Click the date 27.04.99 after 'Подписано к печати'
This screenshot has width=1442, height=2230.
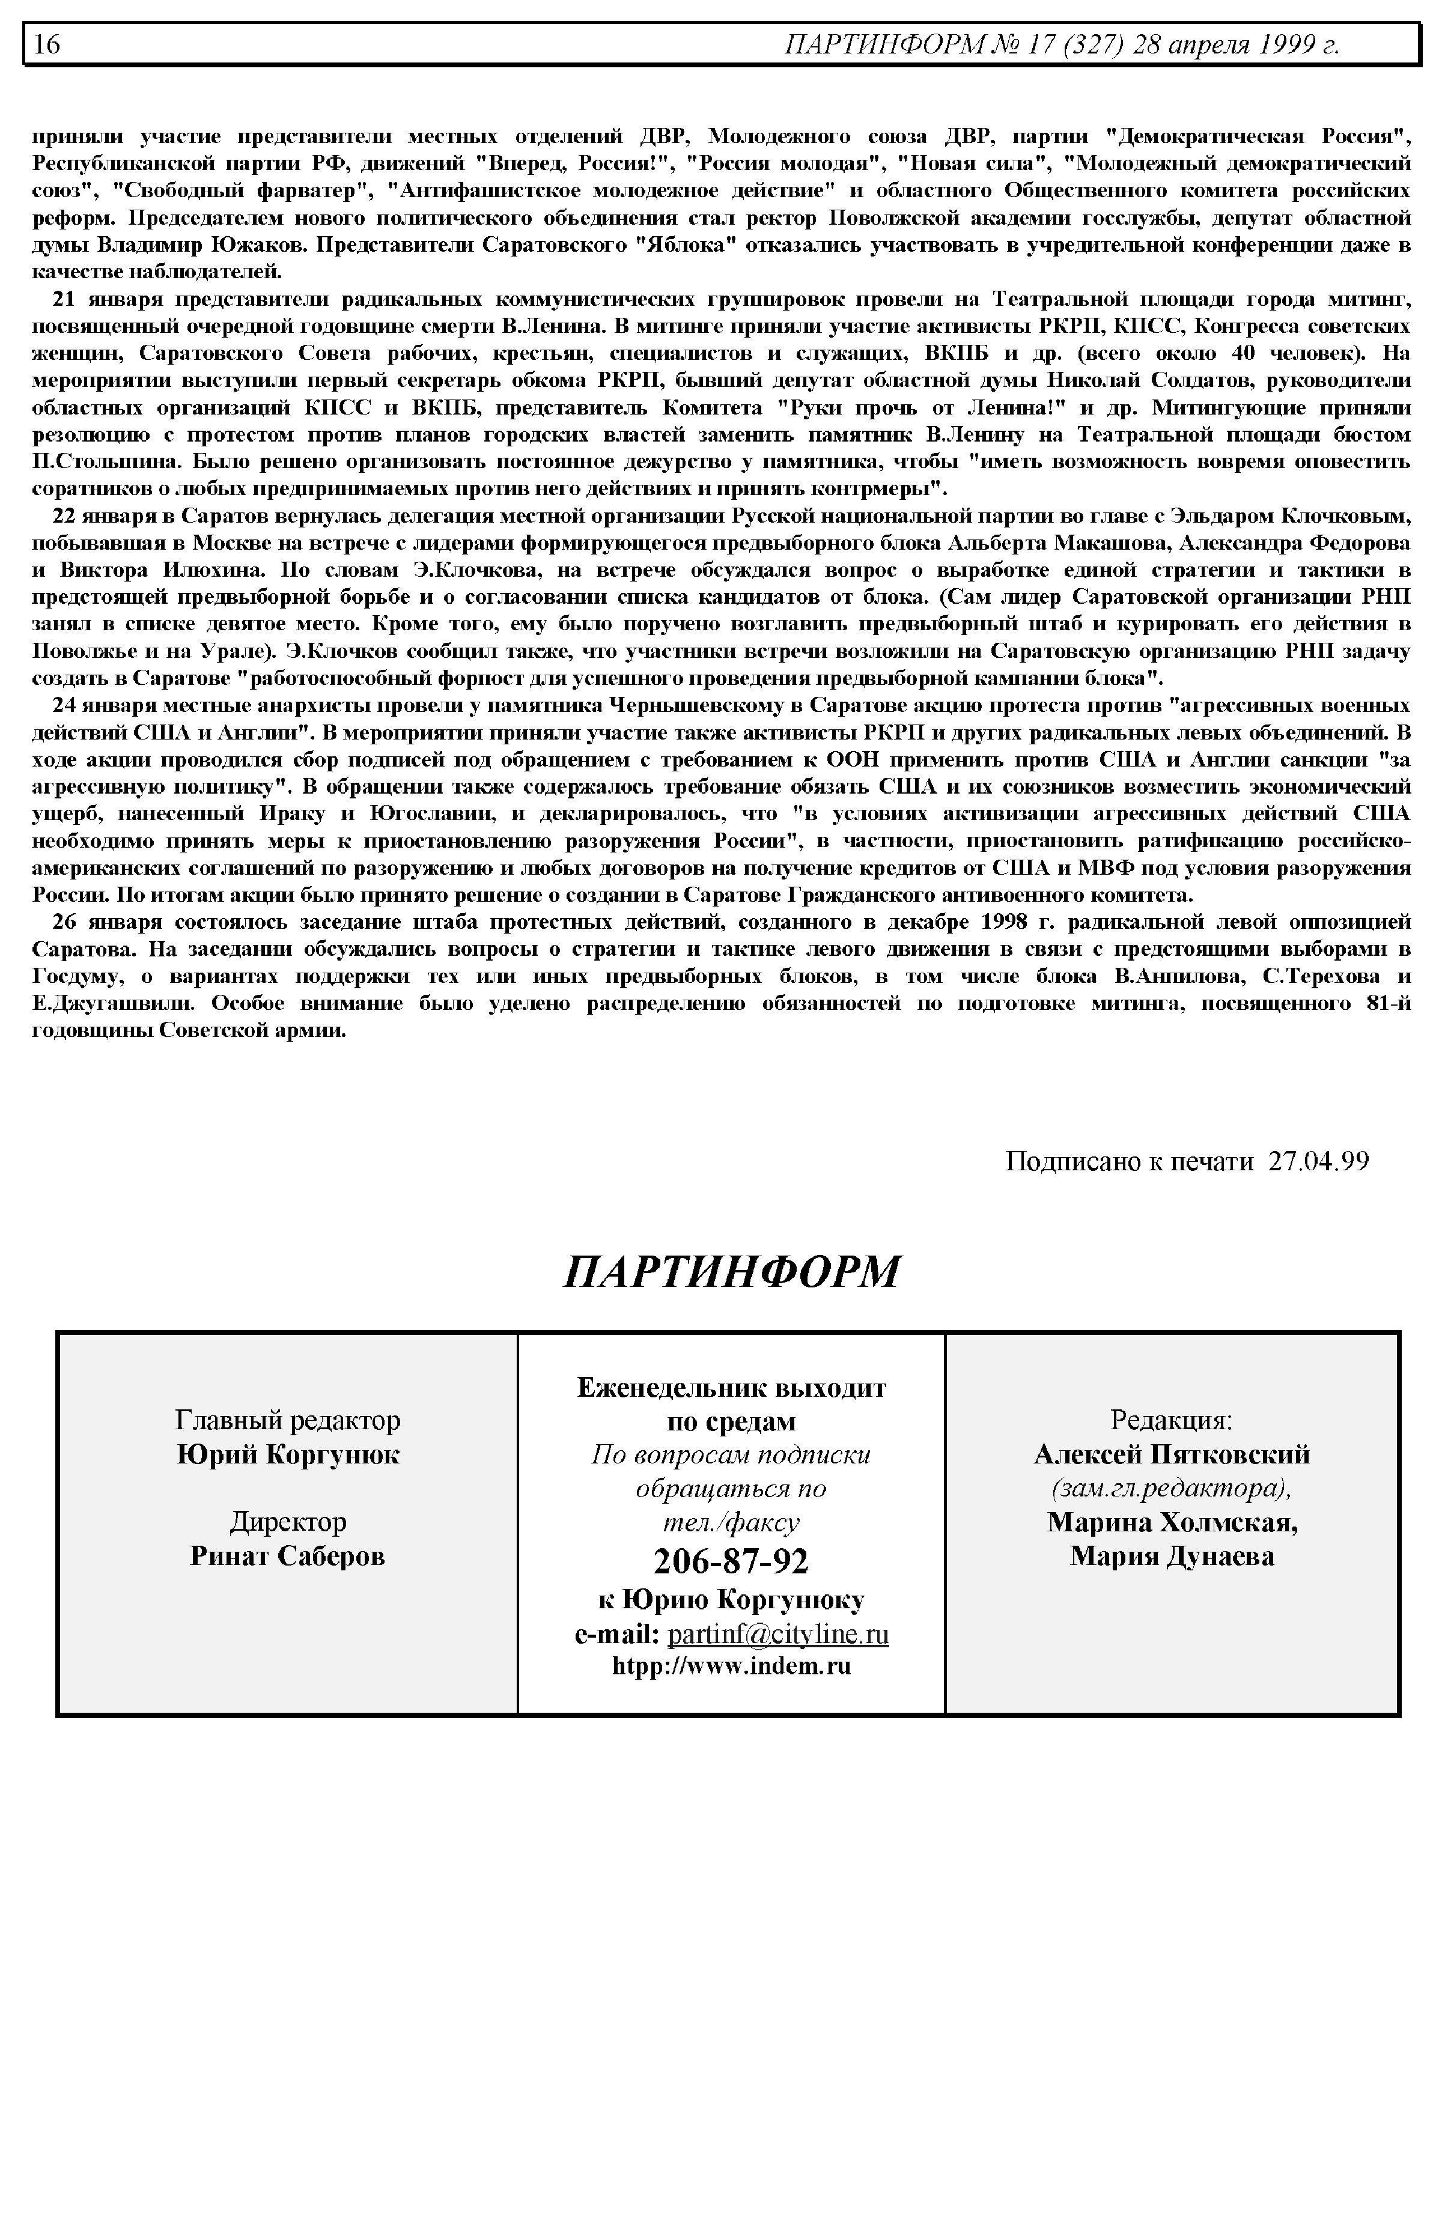[1318, 1162]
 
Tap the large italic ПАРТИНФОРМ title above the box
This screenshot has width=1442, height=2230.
[731, 1271]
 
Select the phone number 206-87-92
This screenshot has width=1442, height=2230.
[731, 1561]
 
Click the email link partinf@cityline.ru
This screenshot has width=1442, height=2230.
[777, 1635]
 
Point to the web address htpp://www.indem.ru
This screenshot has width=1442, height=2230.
[731, 1667]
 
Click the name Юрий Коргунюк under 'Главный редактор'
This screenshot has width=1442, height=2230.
[287, 1455]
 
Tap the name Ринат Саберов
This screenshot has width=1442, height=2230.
[287, 1556]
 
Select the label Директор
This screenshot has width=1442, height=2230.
[287, 1522]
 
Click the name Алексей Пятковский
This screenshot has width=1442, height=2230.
[1172, 1455]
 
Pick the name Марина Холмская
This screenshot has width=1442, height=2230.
[1172, 1522]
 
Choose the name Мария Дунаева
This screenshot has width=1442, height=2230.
[1172, 1556]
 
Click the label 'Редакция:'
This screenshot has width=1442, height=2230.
[1172, 1421]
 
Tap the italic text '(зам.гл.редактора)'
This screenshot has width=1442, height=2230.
[1172, 1489]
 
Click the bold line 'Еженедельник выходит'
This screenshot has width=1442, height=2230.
[731, 1387]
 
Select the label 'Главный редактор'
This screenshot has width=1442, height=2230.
[287, 1421]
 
